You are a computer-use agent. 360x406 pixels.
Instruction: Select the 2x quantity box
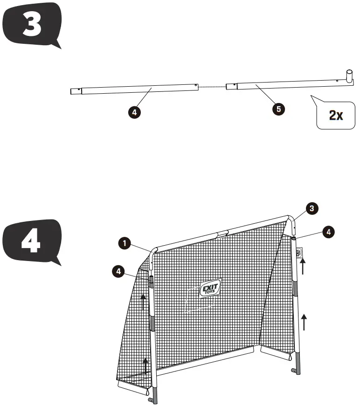[335, 115]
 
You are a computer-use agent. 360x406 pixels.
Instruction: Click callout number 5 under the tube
[278, 109]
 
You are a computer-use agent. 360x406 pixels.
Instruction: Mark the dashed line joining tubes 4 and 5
[212, 86]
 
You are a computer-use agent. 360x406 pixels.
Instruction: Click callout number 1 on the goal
[124, 243]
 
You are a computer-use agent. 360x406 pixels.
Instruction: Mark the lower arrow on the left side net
[145, 365]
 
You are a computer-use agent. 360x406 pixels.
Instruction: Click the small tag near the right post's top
[299, 252]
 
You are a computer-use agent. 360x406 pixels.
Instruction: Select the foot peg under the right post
[294, 372]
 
